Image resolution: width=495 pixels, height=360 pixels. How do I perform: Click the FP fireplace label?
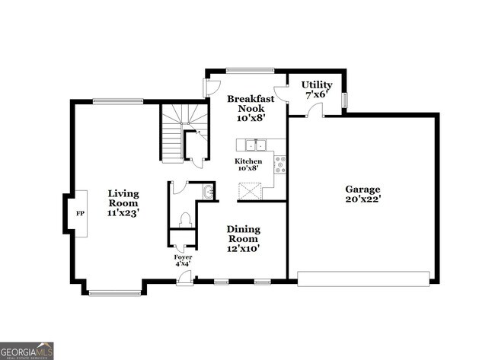click(x=78, y=213)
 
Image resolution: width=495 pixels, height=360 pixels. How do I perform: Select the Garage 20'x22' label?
click(x=362, y=194)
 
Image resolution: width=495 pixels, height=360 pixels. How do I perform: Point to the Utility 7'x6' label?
click(x=316, y=89)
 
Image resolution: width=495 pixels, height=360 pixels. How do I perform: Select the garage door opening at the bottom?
click(x=362, y=279)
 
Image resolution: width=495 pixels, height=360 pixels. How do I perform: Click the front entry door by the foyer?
click(x=183, y=282)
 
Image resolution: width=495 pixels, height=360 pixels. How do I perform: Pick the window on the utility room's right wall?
click(x=344, y=100)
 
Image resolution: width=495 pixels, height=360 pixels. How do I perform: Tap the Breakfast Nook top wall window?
click(x=250, y=71)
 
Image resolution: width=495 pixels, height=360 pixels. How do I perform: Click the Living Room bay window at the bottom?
click(x=114, y=292)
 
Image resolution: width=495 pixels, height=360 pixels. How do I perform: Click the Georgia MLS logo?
click(x=27, y=350)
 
